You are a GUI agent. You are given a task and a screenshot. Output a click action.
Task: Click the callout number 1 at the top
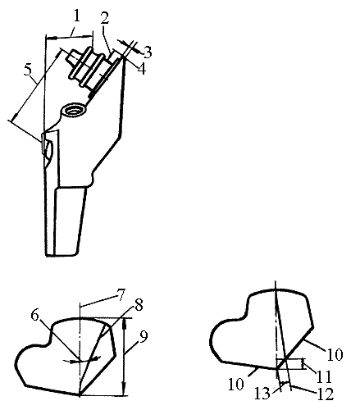[x=77, y=16]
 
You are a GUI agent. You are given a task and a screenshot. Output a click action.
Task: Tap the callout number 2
[x=104, y=18]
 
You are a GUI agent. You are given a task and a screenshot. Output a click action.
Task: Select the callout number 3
[x=148, y=52]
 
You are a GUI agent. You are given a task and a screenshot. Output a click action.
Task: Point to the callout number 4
[x=142, y=69]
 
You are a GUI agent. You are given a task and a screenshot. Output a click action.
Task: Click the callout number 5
[x=28, y=70]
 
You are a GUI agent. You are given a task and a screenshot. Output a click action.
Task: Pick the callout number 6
[x=34, y=316]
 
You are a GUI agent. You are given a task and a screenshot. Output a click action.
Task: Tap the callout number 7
[x=121, y=294]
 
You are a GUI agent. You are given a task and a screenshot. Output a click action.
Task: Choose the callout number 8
[x=139, y=305]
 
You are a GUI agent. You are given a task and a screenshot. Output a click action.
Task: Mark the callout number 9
[x=144, y=336]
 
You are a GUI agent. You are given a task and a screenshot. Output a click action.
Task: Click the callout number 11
[x=324, y=377]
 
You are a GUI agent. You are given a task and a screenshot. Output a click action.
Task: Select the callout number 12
[x=326, y=394]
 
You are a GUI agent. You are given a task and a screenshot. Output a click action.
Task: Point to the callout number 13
[x=262, y=394]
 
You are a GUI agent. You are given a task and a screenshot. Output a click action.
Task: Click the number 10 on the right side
[x=335, y=354]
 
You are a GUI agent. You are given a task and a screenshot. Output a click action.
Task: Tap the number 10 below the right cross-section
[x=235, y=384]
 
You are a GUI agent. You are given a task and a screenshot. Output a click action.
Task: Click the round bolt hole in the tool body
[x=74, y=111]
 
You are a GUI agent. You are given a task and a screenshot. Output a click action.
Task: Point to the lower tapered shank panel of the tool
[x=71, y=221]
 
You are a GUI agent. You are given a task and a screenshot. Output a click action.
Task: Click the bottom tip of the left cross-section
[x=80, y=395]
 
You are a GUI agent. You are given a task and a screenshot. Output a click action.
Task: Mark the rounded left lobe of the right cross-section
[x=223, y=339]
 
